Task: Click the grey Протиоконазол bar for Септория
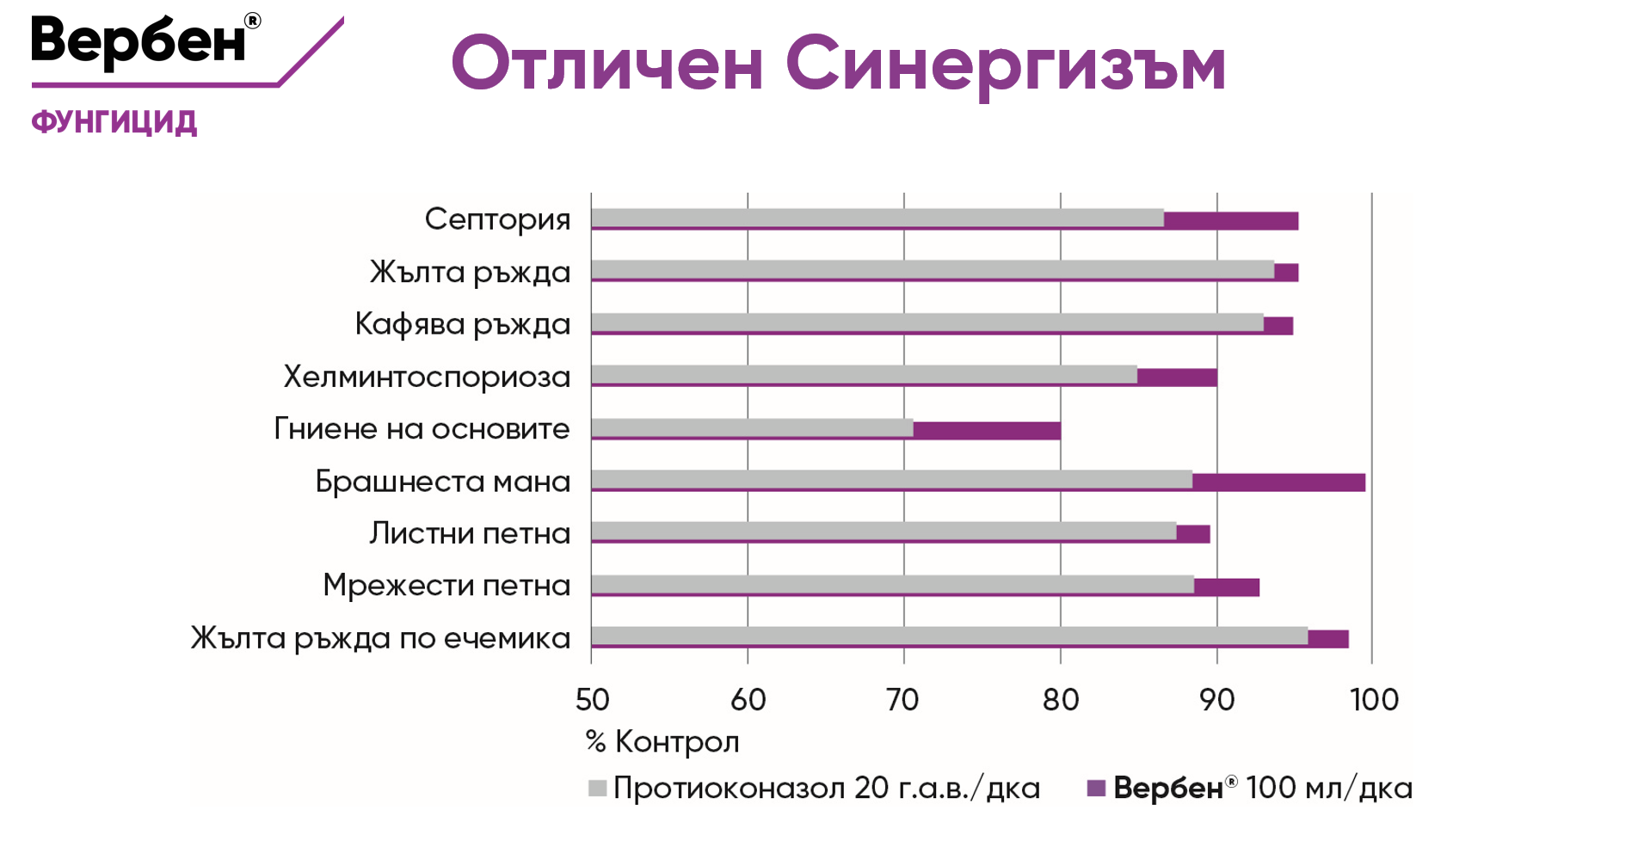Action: (877, 218)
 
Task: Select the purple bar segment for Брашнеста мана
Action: (1278, 482)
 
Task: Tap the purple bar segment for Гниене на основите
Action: (987, 430)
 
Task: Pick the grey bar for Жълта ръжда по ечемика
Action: (949, 636)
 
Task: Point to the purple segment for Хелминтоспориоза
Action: (1177, 377)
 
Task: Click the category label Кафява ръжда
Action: (462, 324)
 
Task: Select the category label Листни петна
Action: (470, 533)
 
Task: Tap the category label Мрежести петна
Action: (446, 585)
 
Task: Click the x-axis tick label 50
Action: (592, 700)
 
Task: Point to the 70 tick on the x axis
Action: (903, 700)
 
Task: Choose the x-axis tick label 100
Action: (1374, 700)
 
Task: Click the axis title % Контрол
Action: (662, 741)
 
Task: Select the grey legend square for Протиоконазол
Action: (597, 788)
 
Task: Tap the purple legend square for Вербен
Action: (1096, 788)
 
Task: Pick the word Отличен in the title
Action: (607, 65)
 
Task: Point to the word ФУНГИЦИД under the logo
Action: (114, 122)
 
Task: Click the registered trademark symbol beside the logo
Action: (253, 21)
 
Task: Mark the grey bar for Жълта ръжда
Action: (933, 270)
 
